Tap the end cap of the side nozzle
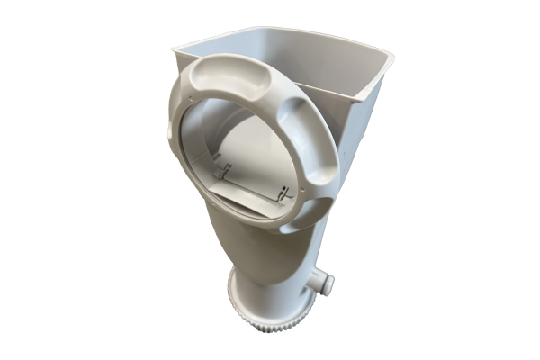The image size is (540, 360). (328, 285)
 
